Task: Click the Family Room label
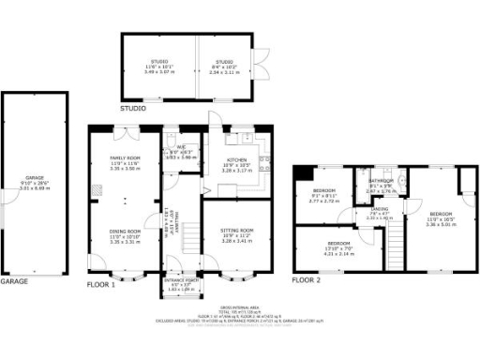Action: [x=124, y=158]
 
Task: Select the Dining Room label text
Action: [x=124, y=232]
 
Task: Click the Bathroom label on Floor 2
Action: [x=381, y=180]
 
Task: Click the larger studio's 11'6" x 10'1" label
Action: [x=157, y=62]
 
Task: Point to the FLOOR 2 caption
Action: [x=307, y=279]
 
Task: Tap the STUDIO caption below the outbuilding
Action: [x=132, y=108]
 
